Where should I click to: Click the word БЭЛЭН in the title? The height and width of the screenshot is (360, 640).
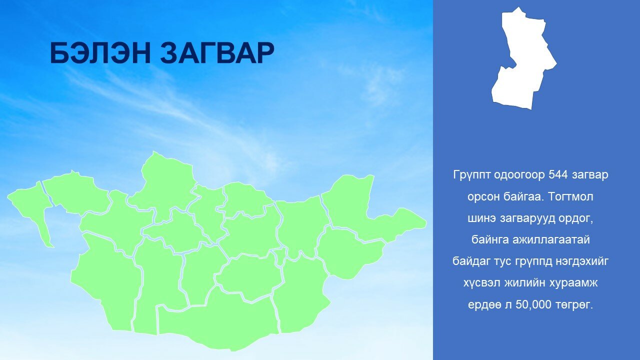point(100,53)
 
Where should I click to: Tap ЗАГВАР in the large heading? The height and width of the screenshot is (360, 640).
point(217,53)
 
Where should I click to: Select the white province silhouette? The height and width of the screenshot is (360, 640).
point(524,58)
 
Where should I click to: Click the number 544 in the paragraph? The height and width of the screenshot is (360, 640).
point(558,174)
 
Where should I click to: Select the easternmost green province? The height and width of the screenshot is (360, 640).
point(371,211)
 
